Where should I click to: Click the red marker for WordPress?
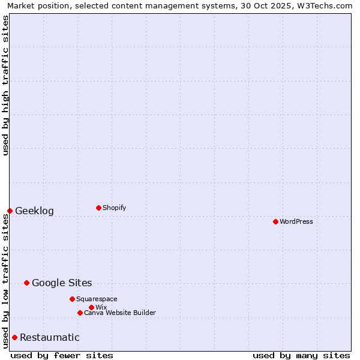(275, 221)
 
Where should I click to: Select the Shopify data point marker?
(98, 208)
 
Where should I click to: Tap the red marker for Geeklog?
(10, 211)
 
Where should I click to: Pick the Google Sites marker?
(26, 283)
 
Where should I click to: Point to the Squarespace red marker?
(72, 299)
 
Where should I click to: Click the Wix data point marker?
(91, 307)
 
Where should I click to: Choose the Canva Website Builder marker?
(80, 313)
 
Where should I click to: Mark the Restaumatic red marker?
(14, 337)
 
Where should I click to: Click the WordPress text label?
(296, 221)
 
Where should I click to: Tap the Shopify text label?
(115, 208)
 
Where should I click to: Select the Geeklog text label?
(34, 211)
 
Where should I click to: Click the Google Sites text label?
(62, 283)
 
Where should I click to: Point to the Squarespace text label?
(97, 299)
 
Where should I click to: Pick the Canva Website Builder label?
(120, 313)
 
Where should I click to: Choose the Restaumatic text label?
(49, 337)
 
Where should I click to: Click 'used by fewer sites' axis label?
(62, 355)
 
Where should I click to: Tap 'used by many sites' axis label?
(301, 355)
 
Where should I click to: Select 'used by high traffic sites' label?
(5, 85)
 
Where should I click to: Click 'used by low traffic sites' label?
(5, 281)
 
